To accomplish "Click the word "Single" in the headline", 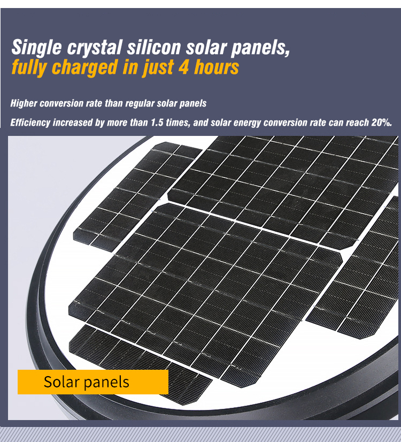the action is point(36,47).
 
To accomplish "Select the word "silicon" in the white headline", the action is point(154,47).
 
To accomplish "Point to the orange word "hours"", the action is point(217,67).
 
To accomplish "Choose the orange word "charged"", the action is point(84,68).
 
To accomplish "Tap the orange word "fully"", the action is point(29,68).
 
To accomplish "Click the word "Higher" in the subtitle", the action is point(24,103).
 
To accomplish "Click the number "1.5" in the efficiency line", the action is point(157,123).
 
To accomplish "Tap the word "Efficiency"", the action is point(30,123).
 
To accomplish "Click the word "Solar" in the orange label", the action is point(61,382).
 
